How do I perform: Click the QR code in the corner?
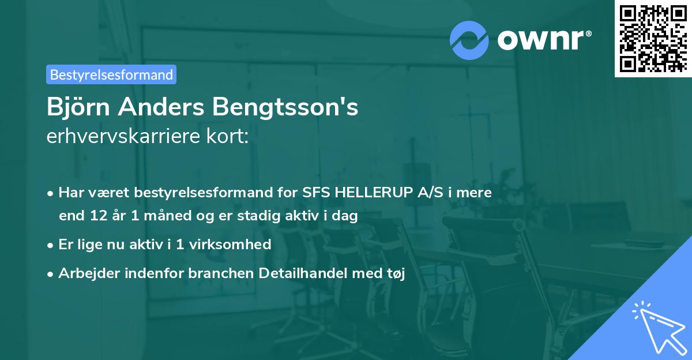(x=653, y=38)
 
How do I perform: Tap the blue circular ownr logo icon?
(x=469, y=39)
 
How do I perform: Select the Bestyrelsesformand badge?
(x=111, y=74)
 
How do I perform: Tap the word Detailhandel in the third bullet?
(x=308, y=273)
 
